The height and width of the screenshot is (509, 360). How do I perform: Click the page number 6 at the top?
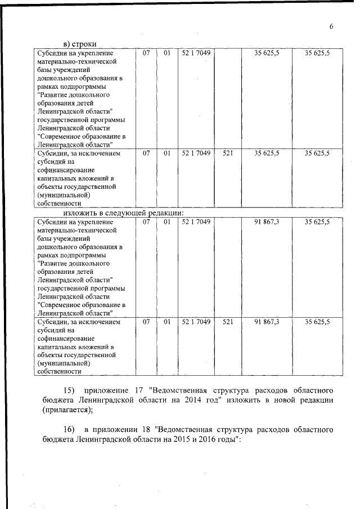[x=332, y=27]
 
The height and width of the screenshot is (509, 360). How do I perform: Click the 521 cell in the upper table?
[x=228, y=153]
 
